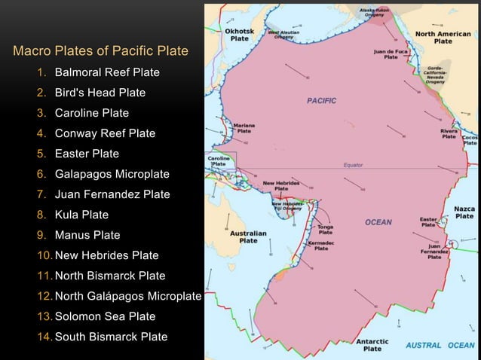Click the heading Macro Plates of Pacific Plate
100,52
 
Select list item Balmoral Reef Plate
106,72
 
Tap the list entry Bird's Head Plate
100,93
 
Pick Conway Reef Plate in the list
105,133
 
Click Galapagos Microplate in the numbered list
112,174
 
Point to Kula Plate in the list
81,215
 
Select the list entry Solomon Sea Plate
105,316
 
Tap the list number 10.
44,255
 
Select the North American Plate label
443,38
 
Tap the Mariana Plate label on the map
244,127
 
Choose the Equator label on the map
353,164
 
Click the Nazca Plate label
464,212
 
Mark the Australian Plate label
248,237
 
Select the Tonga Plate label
326,229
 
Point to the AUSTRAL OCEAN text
440,345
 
